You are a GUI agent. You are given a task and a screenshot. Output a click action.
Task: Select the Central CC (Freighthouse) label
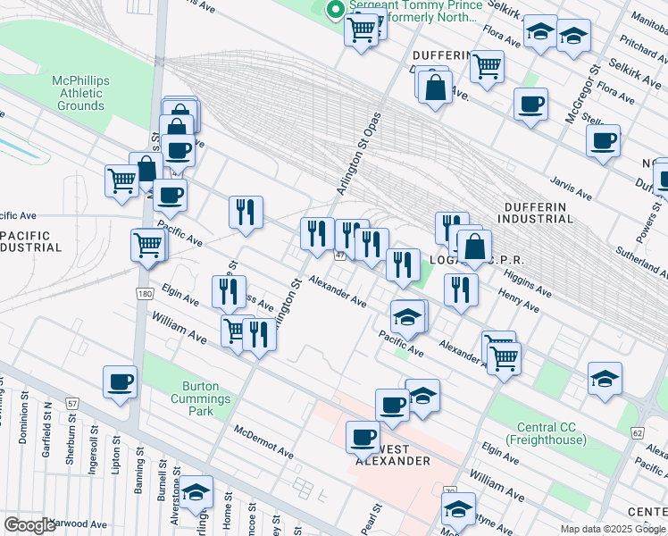(545, 433)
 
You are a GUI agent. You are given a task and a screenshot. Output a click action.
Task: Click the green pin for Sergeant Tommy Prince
(336, 11)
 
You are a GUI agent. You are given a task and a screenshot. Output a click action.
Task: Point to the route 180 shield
(145, 293)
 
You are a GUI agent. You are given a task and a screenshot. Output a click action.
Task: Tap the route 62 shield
(637, 432)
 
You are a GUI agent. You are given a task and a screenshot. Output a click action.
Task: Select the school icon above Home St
(196, 491)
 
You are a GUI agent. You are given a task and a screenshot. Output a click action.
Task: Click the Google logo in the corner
(29, 525)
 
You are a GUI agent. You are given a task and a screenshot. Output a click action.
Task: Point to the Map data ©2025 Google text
(612, 529)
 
